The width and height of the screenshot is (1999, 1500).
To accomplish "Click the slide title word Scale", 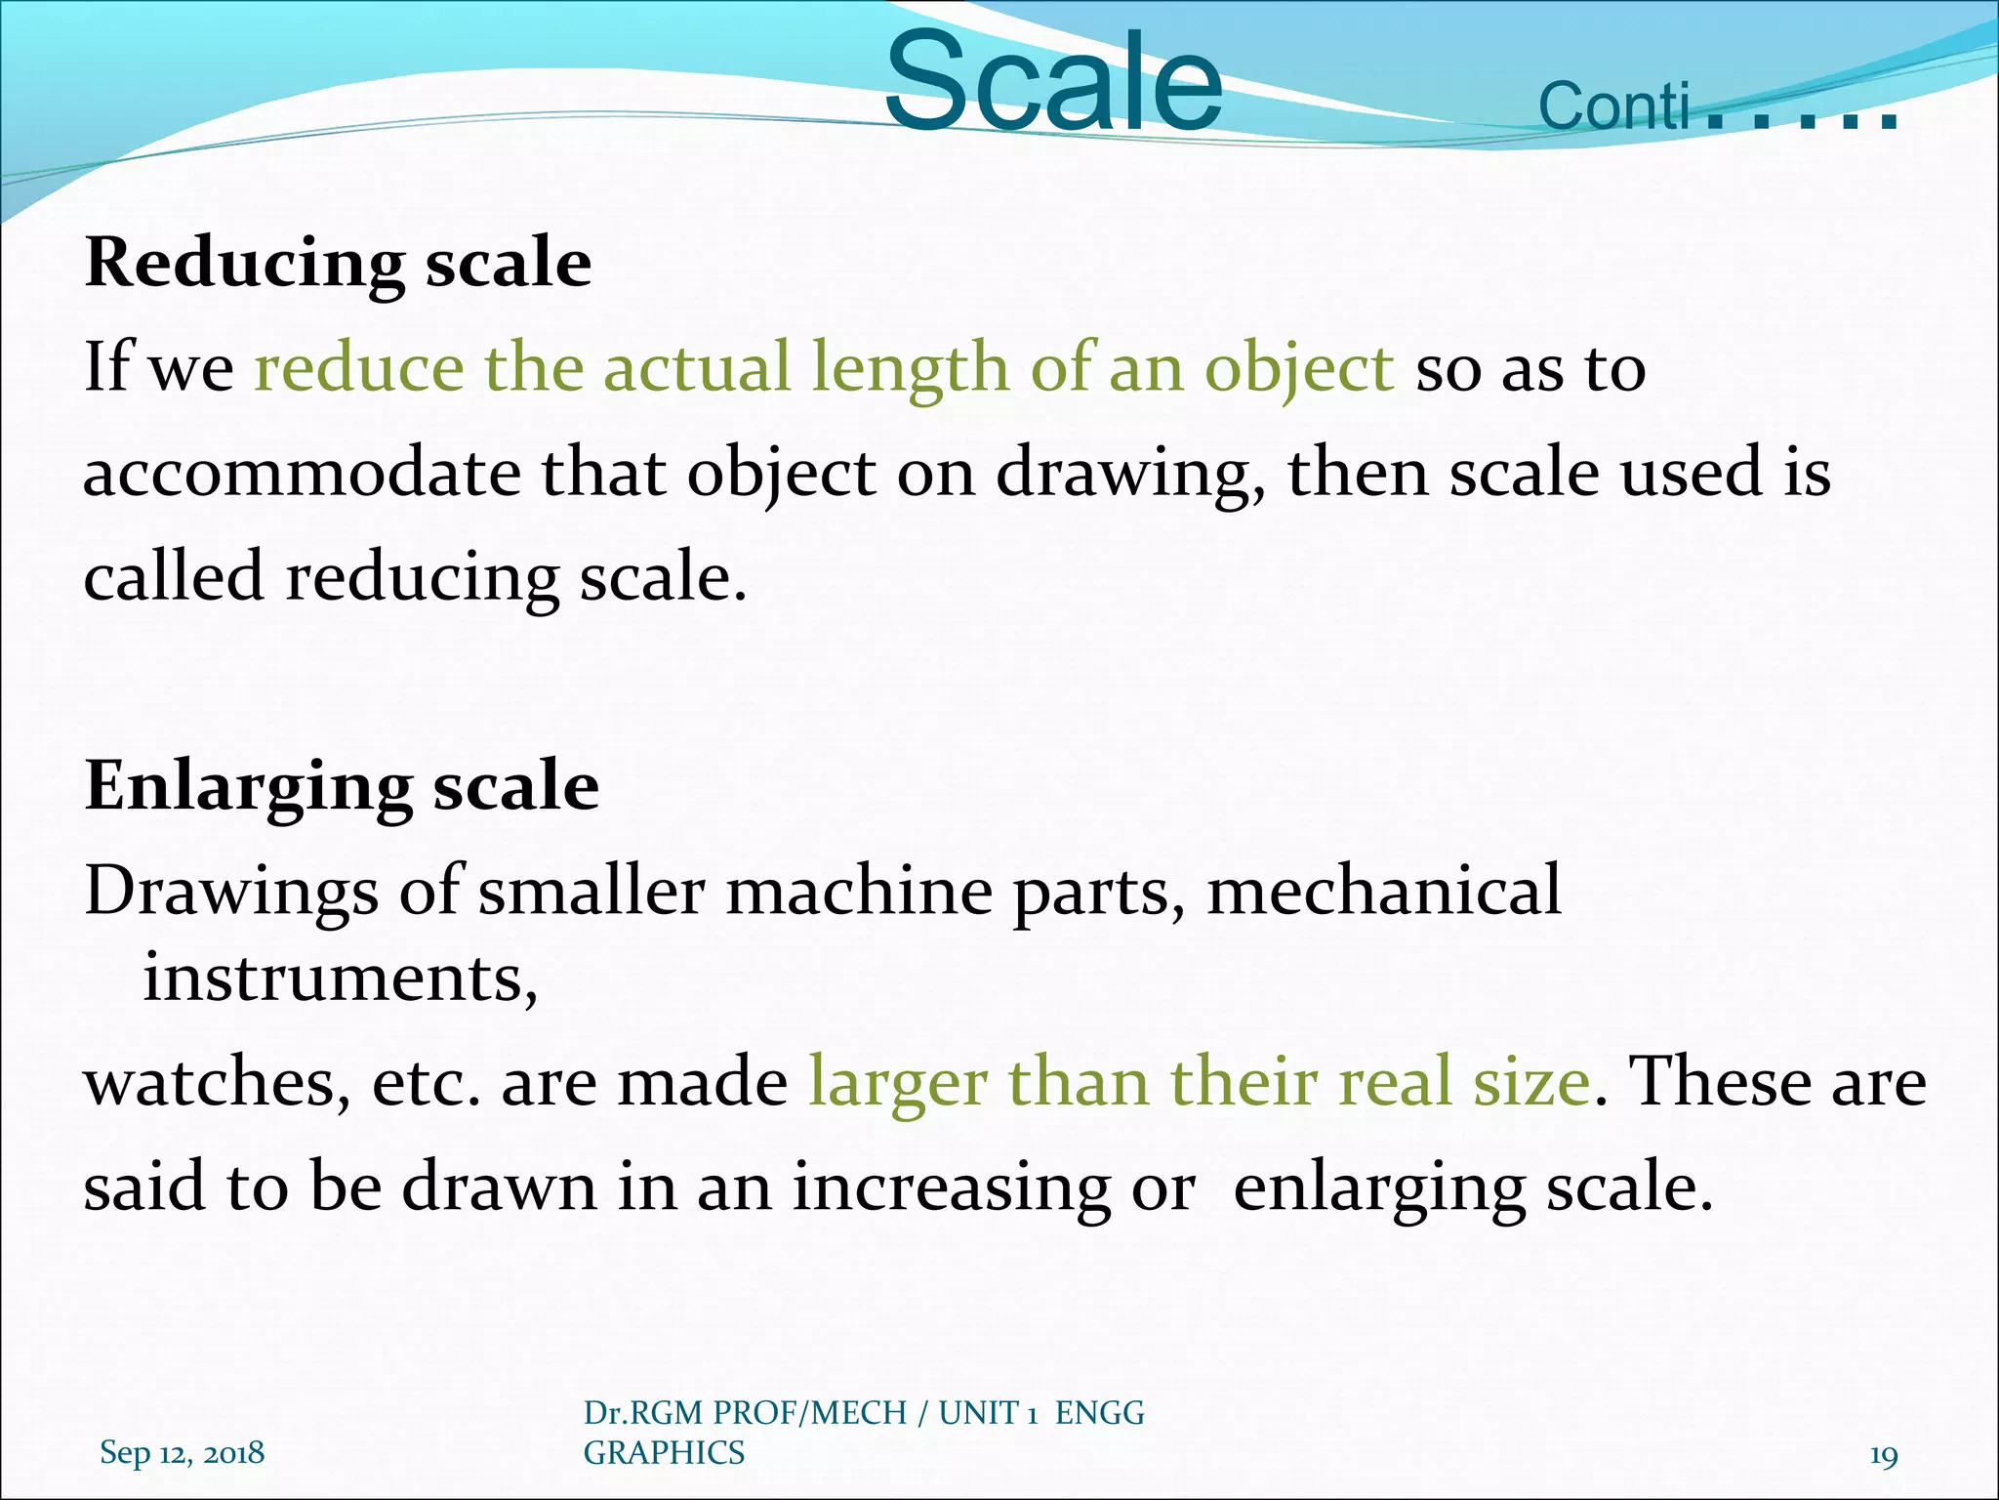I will click(x=1053, y=82).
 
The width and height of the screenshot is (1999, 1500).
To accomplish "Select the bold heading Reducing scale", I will click(x=338, y=263).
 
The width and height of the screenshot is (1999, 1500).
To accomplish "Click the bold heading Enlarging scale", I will click(x=342, y=786).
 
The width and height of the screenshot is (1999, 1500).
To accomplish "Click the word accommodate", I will click(x=302, y=473).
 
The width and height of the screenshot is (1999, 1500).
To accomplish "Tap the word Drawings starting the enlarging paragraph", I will click(x=231, y=893).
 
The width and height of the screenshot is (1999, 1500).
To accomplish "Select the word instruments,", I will click(x=340, y=977).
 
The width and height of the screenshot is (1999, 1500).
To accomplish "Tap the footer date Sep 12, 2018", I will click(x=183, y=1452).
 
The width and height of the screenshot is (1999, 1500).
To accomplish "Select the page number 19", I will click(x=1883, y=1456).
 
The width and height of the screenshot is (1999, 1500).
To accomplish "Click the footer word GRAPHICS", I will click(x=664, y=1453).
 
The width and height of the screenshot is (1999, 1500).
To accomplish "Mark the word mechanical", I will click(x=1383, y=891).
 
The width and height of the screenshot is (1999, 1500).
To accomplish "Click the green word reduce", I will click(x=358, y=368).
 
